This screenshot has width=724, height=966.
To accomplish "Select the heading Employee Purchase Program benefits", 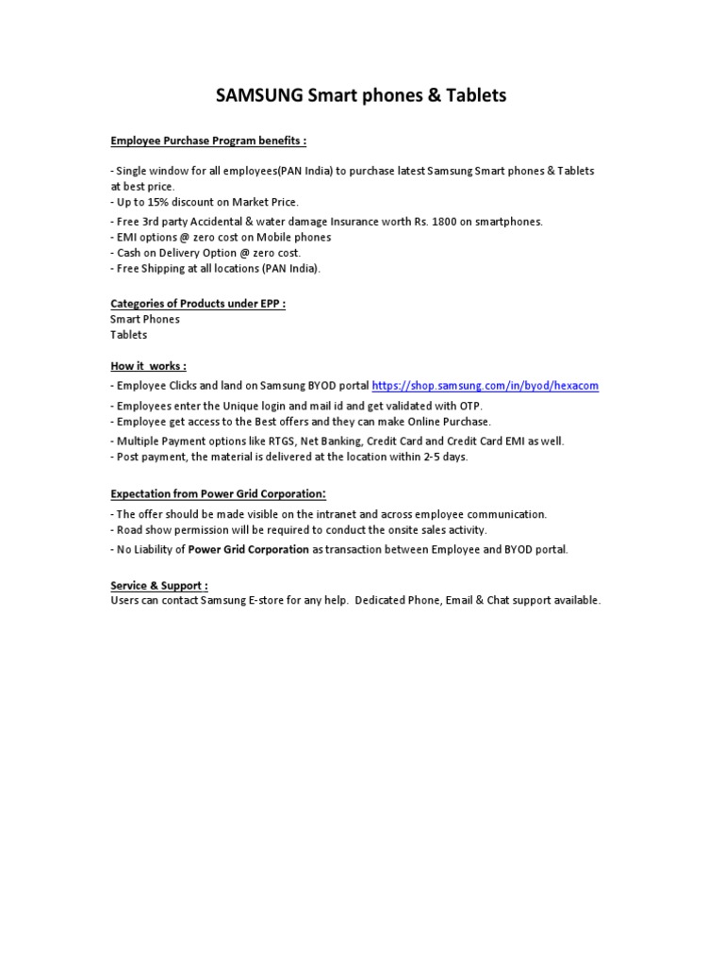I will pyautogui.click(x=207, y=141).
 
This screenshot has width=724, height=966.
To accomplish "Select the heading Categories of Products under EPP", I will pyautogui.click(x=197, y=304).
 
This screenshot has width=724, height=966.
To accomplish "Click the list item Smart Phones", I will pyautogui.click(x=144, y=319).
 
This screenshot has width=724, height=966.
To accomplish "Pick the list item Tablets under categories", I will pyautogui.click(x=129, y=334).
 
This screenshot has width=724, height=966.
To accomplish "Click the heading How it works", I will pyautogui.click(x=148, y=366).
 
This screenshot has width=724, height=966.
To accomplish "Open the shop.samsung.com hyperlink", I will pyautogui.click(x=485, y=386).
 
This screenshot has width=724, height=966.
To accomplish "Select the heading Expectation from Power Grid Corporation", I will pyautogui.click(x=218, y=493).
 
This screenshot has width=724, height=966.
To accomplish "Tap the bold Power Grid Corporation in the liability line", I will pyautogui.click(x=248, y=549).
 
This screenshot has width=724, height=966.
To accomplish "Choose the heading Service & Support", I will pyautogui.click(x=158, y=586).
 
